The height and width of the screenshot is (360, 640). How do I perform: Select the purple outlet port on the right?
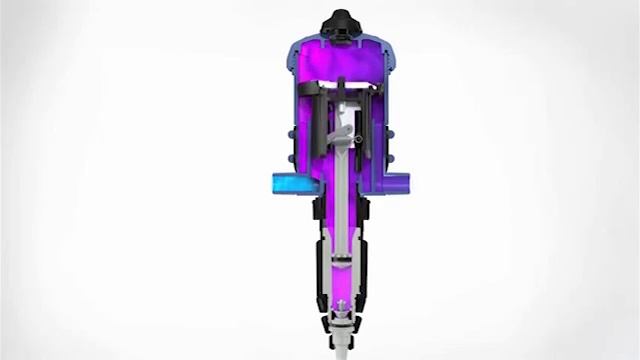(x=400, y=184)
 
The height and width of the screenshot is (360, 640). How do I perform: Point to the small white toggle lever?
(x=344, y=134)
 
